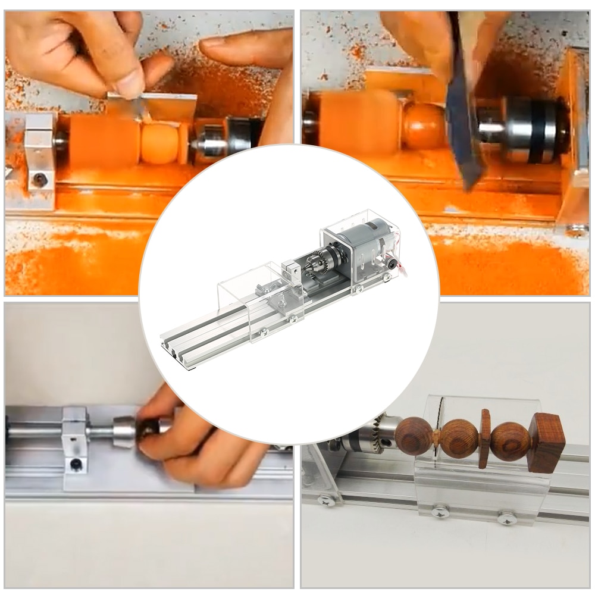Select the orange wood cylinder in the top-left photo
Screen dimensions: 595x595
pyautogui.click(x=104, y=140)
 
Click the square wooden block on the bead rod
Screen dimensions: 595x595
pyautogui.click(x=546, y=443)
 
